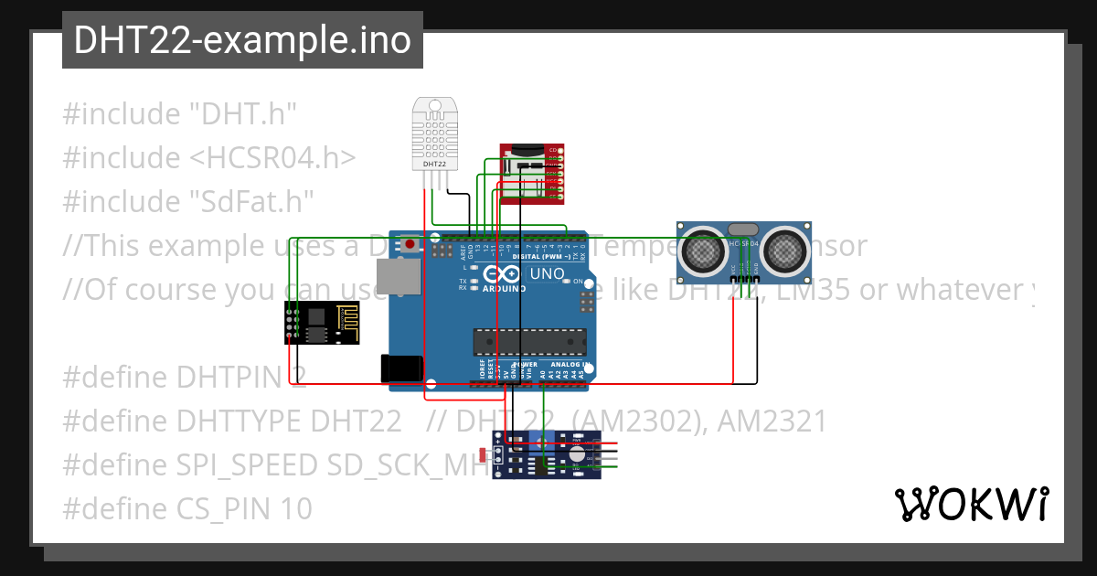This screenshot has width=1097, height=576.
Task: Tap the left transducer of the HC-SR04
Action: point(702,249)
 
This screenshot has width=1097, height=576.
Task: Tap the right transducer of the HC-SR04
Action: point(785,249)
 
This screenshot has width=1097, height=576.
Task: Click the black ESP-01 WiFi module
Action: point(322,323)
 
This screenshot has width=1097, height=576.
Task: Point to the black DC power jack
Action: point(400,368)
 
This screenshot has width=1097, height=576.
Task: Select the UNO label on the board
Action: point(547,273)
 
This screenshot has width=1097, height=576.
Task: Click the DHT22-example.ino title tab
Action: point(242,40)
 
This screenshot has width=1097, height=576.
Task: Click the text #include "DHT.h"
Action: point(180,114)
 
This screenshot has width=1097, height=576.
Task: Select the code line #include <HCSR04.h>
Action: point(209,158)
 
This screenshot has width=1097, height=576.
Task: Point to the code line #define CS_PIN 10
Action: point(187,508)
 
